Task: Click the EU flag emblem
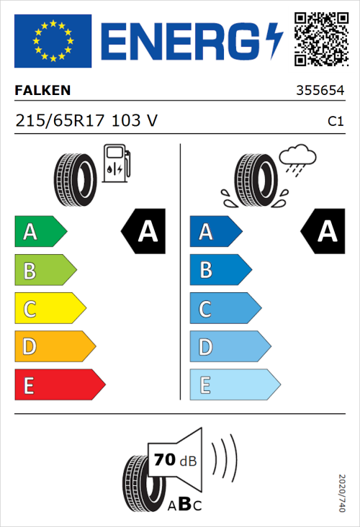(x=52, y=41)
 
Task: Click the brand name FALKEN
(x=43, y=91)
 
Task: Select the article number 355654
(x=319, y=91)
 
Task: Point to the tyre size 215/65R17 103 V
(x=86, y=121)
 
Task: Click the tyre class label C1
(x=335, y=122)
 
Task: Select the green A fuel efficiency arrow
(x=40, y=232)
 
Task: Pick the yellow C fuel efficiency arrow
(x=49, y=310)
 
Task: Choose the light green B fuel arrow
(x=45, y=271)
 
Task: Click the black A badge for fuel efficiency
(x=143, y=231)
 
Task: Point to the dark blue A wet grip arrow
(x=215, y=232)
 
